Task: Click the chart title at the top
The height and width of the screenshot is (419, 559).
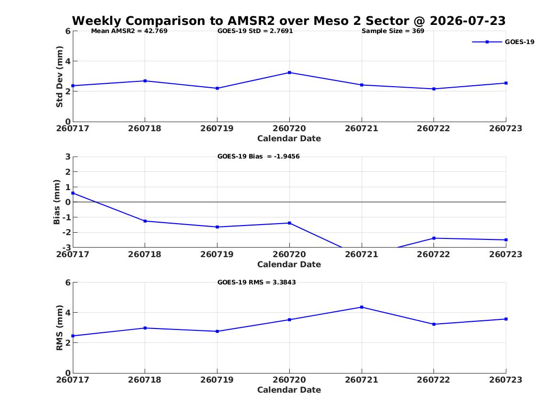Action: pyautogui.click(x=289, y=21)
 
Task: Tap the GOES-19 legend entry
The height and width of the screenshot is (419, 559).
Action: pyautogui.click(x=503, y=42)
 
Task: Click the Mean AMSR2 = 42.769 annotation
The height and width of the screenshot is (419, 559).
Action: pyautogui.click(x=129, y=31)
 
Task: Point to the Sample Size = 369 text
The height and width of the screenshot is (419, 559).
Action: pyautogui.click(x=393, y=31)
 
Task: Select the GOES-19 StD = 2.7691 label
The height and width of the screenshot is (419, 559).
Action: pyautogui.click(x=255, y=31)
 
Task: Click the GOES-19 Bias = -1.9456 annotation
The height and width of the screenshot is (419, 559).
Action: pyautogui.click(x=259, y=157)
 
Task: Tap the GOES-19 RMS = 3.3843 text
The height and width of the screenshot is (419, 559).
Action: pyautogui.click(x=257, y=282)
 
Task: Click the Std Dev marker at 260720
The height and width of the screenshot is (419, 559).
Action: pyautogui.click(x=289, y=73)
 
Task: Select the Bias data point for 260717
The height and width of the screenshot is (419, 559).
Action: pyautogui.click(x=73, y=193)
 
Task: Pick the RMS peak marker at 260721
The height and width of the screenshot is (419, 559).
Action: pyautogui.click(x=362, y=307)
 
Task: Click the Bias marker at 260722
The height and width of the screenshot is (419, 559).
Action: pyautogui.click(x=434, y=238)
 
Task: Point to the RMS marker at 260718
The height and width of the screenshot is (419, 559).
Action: pyautogui.click(x=145, y=328)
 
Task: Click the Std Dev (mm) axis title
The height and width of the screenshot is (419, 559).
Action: pyautogui.click(x=59, y=77)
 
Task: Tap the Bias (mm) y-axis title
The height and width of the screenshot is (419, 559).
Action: pyautogui.click(x=57, y=202)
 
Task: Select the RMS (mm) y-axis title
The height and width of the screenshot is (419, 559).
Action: pyautogui.click(x=59, y=328)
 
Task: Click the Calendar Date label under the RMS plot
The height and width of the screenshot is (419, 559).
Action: pyautogui.click(x=289, y=390)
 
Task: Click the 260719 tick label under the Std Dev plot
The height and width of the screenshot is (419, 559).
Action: pyautogui.click(x=217, y=128)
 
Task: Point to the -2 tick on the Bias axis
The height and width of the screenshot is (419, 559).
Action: pyautogui.click(x=66, y=232)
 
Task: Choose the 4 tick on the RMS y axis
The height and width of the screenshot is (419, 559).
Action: pyautogui.click(x=68, y=313)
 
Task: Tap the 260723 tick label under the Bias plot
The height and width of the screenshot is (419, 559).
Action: pyautogui.click(x=506, y=254)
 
